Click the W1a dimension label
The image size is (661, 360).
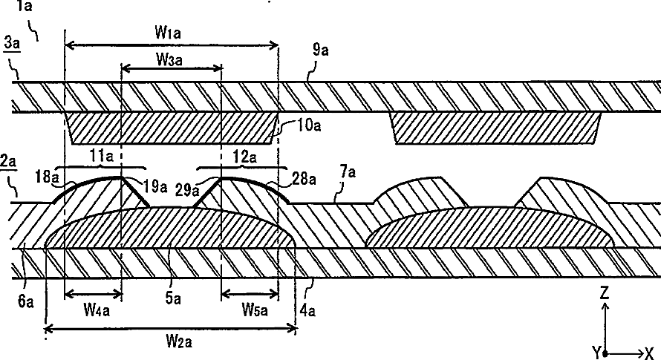click(x=168, y=32)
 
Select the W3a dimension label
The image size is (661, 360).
click(x=169, y=59)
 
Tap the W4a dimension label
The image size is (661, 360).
click(x=97, y=310)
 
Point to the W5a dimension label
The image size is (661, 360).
click(x=254, y=310)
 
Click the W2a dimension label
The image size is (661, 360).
click(x=179, y=340)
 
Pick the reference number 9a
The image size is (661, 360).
click(x=320, y=50)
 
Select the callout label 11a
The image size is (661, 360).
click(x=101, y=157)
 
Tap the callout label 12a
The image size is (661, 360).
click(x=245, y=157)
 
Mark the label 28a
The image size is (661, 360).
click(x=304, y=179)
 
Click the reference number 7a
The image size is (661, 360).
click(x=348, y=171)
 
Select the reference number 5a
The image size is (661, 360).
click(x=173, y=298)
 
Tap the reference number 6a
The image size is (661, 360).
click(x=26, y=301)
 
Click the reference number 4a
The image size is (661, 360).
click(x=307, y=311)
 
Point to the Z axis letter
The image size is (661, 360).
click(x=605, y=292)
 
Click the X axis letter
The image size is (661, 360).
click(x=649, y=353)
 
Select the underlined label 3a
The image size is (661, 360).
click(x=12, y=42)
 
